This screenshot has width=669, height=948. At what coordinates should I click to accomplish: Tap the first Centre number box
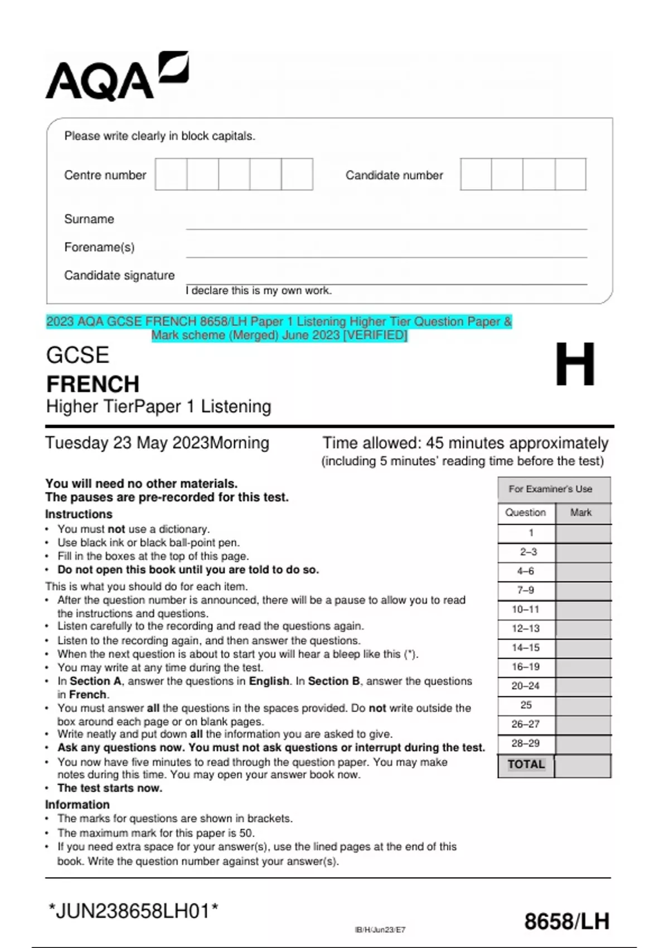pyautogui.click(x=171, y=175)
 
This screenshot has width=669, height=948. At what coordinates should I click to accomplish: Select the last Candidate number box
pyautogui.click(x=570, y=175)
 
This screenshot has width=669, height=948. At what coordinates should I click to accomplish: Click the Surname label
pyautogui.click(x=89, y=219)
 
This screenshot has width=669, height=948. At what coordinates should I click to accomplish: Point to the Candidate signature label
pyautogui.click(x=119, y=275)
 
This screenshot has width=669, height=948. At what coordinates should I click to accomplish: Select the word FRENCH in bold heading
pyautogui.click(x=93, y=384)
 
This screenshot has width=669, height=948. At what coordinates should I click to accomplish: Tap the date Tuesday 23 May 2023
pyautogui.click(x=128, y=443)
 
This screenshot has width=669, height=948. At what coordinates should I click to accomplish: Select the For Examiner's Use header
pyautogui.click(x=550, y=489)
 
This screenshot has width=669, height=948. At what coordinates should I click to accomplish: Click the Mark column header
pyautogui.click(x=580, y=512)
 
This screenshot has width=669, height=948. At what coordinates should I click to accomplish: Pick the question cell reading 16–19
pyautogui.click(x=526, y=667)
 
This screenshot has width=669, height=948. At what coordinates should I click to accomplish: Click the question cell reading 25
pyautogui.click(x=526, y=705)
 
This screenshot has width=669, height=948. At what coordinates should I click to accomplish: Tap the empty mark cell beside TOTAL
pyautogui.click(x=582, y=766)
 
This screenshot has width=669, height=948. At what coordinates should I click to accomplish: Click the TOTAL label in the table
pyautogui.click(x=526, y=765)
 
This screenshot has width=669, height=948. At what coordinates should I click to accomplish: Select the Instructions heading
pyautogui.click(x=79, y=514)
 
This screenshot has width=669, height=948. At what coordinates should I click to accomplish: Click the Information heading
pyautogui.click(x=77, y=805)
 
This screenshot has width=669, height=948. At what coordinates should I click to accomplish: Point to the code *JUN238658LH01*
pyautogui.click(x=133, y=912)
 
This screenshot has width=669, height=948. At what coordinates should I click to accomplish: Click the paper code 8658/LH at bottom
pyautogui.click(x=566, y=921)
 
